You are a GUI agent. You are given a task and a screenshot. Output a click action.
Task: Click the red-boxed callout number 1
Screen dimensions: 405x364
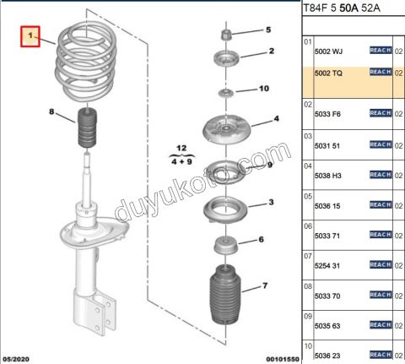(30, 36)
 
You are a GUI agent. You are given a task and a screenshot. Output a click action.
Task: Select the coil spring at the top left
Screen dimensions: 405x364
(86, 62)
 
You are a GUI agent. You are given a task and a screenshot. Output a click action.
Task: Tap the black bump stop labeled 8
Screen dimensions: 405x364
(87, 128)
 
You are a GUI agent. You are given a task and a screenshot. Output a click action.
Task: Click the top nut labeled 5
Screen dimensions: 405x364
(226, 35)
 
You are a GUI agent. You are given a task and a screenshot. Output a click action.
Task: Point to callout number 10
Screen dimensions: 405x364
(264, 89)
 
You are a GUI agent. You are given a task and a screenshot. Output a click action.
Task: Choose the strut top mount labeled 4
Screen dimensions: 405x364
(226, 129)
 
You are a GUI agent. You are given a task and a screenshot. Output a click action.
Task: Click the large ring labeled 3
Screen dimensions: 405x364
(225, 209)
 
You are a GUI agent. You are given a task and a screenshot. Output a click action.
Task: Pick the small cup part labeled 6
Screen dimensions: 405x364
(226, 245)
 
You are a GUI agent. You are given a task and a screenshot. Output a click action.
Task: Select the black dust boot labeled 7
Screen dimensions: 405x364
(225, 294)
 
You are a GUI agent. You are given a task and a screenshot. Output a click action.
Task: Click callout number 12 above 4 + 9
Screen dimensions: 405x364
(181, 148)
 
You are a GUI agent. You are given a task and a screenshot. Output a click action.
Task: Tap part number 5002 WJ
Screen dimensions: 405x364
(328, 52)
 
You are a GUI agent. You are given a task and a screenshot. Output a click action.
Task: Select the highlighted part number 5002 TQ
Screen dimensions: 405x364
(328, 73)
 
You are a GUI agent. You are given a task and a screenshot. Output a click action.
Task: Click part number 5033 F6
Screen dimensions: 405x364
(327, 114)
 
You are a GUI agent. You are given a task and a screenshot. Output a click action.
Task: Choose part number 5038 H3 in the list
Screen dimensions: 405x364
(328, 176)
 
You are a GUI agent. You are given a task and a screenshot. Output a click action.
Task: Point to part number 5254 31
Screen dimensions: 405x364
(327, 266)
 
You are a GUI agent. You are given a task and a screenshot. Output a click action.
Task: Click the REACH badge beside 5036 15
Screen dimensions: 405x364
(381, 204)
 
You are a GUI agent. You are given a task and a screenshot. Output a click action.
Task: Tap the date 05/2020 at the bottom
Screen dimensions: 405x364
(16, 359)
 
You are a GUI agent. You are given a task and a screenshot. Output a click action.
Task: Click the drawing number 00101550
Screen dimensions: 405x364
(283, 359)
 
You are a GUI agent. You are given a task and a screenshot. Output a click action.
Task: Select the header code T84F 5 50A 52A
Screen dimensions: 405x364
(342, 8)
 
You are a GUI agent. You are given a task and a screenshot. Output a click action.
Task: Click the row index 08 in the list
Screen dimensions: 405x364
(308, 286)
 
